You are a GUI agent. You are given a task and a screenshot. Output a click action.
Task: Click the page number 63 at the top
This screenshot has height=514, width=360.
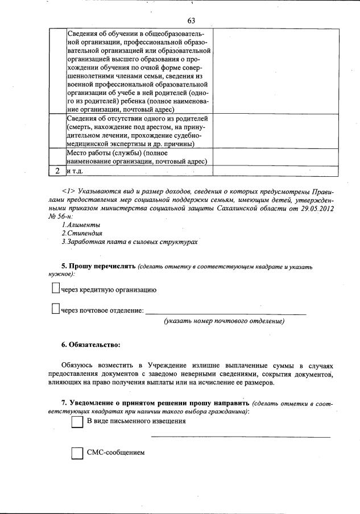(x=191, y=20)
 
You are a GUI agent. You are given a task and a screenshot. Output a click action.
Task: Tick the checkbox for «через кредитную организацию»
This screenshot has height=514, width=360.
(x=56, y=289)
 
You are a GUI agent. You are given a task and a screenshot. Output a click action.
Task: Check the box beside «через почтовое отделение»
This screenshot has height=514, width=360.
(x=56, y=309)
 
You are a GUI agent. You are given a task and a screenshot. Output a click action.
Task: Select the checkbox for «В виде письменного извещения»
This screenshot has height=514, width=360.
(x=77, y=422)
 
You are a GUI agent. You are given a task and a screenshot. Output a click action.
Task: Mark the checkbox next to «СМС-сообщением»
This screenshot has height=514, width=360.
(x=77, y=453)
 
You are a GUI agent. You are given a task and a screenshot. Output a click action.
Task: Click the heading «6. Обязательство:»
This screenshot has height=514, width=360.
(x=90, y=345)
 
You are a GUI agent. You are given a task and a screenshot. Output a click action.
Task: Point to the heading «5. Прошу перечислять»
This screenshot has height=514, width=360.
(x=98, y=266)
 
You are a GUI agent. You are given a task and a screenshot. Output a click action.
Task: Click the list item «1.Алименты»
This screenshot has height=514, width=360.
(x=78, y=225)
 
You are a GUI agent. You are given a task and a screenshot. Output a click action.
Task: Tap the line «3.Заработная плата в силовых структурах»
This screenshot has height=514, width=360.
(x=130, y=242)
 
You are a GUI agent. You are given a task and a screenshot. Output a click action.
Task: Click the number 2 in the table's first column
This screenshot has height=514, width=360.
(x=57, y=170)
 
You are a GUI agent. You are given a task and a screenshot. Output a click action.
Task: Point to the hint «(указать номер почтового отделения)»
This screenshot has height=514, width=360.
(x=224, y=322)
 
